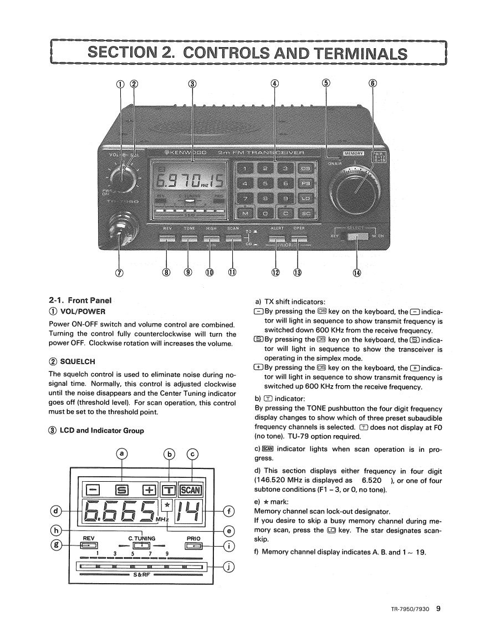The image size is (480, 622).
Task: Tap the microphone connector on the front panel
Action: (121, 227)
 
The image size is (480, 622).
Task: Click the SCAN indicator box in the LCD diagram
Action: (191, 490)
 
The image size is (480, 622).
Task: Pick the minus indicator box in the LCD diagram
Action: (93, 490)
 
